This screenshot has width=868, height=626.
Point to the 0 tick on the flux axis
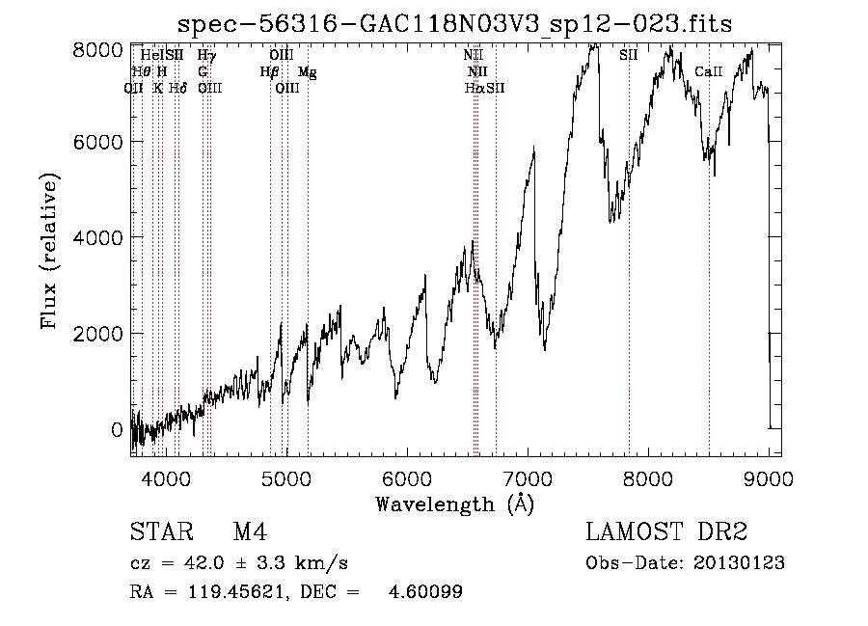117,429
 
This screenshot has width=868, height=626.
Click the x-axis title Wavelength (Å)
454,503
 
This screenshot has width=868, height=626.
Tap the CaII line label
709,72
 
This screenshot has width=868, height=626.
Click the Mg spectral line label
307,72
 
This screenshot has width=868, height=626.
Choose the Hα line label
474,88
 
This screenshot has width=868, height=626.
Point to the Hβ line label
269,72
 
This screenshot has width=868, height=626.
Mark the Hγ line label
205,56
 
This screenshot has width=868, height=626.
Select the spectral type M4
250,532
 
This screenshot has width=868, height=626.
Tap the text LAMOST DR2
666,532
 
